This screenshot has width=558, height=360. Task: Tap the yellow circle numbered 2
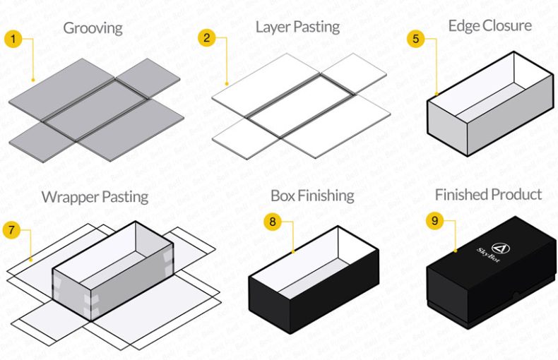[207, 38]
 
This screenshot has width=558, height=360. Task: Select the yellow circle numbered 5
[416, 38]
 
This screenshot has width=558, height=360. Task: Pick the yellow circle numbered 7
[12, 230]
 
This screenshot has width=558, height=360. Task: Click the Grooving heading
[93, 28]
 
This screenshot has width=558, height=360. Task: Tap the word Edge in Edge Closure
[463, 26]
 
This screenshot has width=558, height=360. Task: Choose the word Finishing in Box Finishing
[327, 196]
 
